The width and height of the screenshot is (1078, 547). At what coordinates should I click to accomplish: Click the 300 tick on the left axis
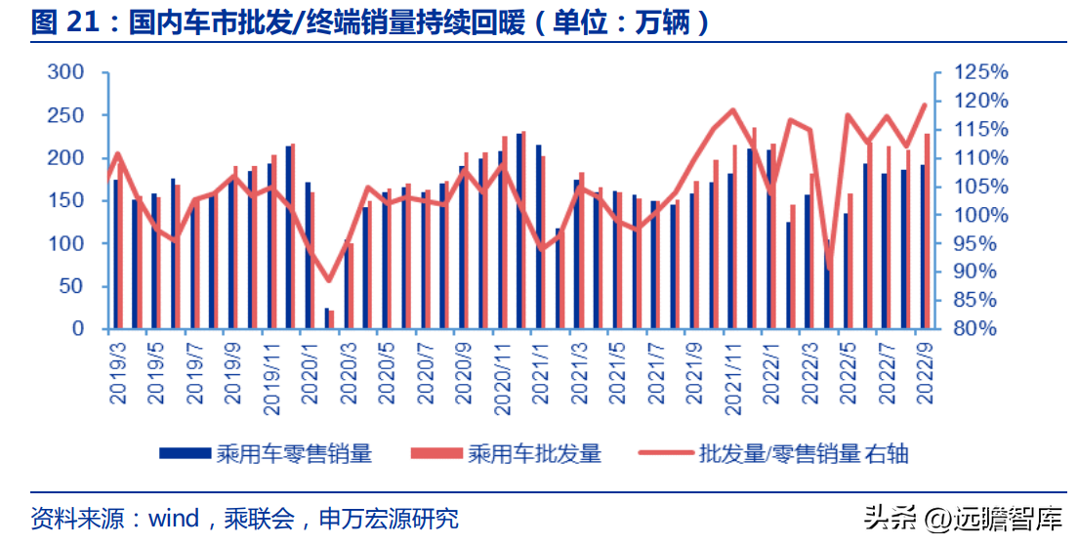point(65,72)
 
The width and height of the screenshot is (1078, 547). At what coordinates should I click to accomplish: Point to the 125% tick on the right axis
point(980,72)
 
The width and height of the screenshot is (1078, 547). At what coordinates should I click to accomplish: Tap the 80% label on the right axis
point(974,328)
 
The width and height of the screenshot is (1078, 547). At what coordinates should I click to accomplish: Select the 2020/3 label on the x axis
point(350,371)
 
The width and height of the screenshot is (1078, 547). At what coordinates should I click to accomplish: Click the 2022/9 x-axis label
point(925,371)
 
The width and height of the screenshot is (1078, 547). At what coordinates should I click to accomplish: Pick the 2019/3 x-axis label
point(119,371)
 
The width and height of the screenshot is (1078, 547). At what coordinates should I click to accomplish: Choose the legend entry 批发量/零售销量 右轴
point(773,453)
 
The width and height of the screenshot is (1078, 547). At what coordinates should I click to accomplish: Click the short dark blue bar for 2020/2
point(327,317)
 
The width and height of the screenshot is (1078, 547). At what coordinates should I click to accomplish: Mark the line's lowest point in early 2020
point(329,280)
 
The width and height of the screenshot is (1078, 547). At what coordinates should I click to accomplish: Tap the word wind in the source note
point(174,518)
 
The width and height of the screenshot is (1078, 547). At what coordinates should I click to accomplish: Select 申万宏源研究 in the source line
point(390,518)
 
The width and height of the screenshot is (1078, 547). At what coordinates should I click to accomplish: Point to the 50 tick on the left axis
point(71,286)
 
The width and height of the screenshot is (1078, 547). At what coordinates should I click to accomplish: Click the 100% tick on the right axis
point(980,215)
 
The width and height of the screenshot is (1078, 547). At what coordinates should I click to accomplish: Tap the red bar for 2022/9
point(927,231)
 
